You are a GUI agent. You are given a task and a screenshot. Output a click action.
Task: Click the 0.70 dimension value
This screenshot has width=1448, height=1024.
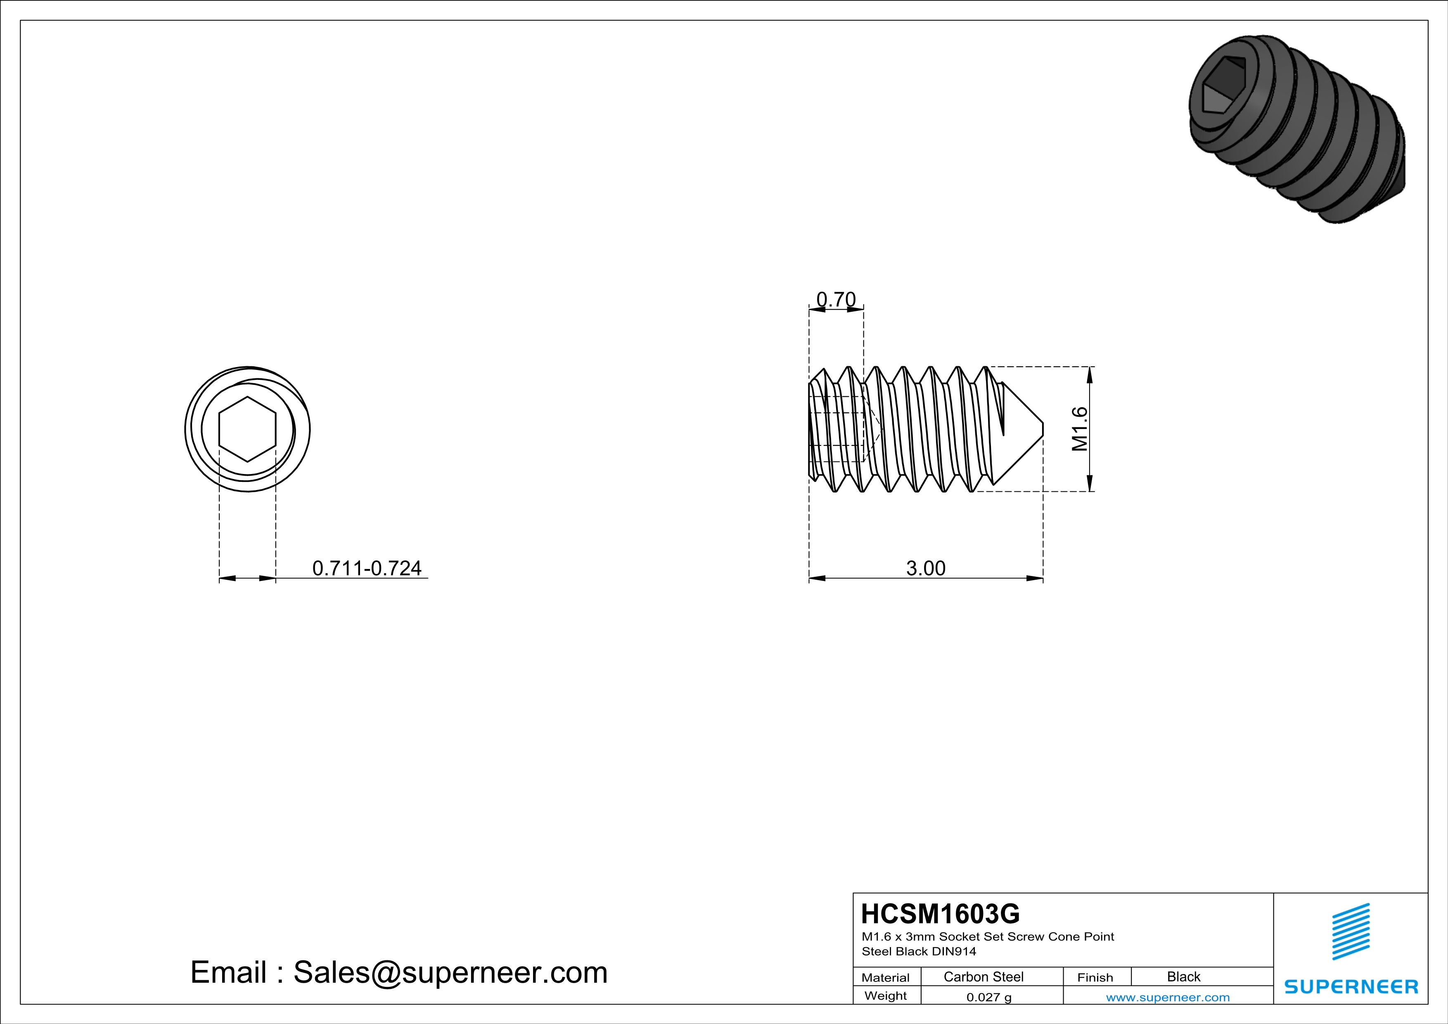[836, 299]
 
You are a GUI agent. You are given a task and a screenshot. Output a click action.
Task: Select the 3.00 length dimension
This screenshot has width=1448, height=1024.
[925, 568]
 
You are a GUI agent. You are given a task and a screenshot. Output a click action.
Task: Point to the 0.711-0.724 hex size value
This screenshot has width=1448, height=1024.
[366, 568]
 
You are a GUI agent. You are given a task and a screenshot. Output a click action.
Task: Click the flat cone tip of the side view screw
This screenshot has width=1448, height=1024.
[1042, 429]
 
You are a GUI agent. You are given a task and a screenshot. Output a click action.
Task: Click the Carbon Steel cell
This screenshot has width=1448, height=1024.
[983, 977]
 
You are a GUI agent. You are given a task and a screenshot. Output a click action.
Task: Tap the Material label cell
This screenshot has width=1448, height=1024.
[886, 977]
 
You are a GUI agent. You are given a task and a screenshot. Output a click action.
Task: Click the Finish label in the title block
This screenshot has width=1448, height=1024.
[1095, 977]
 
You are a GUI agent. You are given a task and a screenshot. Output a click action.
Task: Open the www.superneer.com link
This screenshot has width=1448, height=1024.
[1167, 997]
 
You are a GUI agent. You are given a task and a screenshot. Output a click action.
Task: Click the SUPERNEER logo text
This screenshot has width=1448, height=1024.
[1351, 986]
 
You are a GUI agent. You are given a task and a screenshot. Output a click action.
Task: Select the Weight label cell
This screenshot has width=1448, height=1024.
[886, 996]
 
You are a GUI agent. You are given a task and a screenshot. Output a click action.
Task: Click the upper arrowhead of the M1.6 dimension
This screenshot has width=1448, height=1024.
[1090, 375]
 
